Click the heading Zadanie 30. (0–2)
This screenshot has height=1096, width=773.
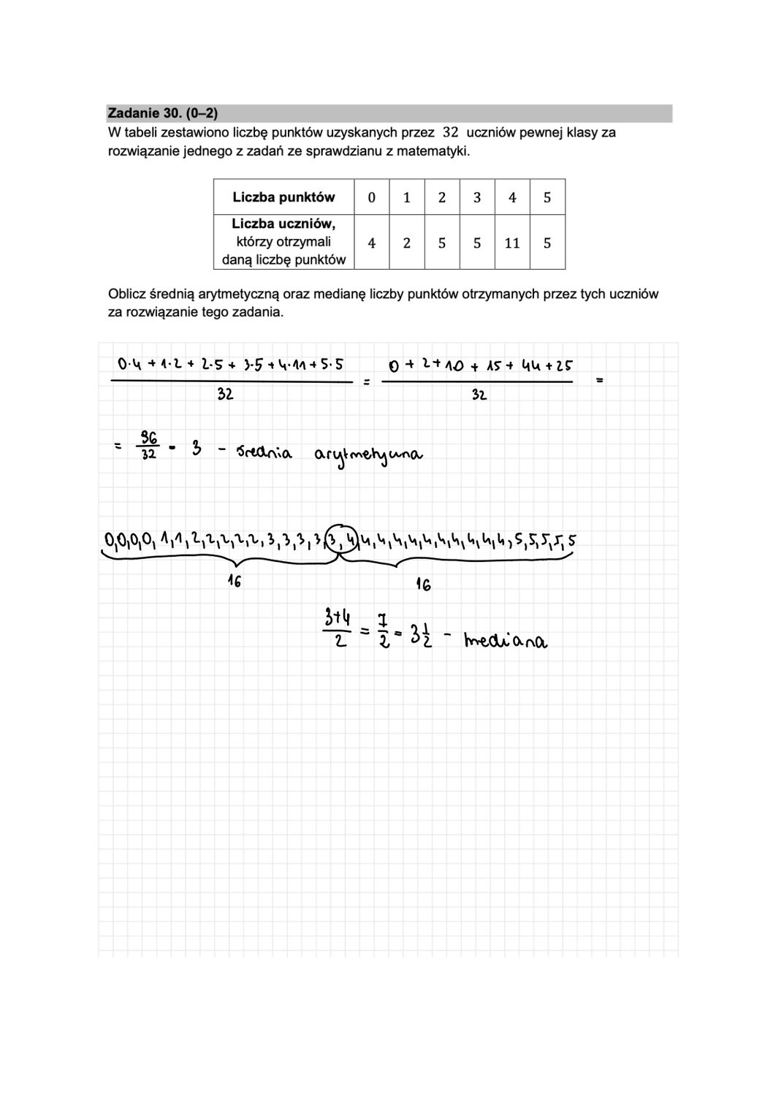pyautogui.click(x=163, y=113)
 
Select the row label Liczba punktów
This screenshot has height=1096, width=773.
pyautogui.click(x=283, y=197)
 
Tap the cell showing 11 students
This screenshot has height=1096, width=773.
pyautogui.click(x=512, y=243)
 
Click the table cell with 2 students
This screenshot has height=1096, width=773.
pyautogui.click(x=407, y=243)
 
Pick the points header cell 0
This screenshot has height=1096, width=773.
pyautogui.click(x=372, y=197)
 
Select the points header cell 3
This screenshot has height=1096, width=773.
pyautogui.click(x=477, y=197)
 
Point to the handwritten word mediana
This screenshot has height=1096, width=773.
pyautogui.click(x=506, y=642)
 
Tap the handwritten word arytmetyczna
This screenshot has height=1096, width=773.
pyautogui.click(x=368, y=455)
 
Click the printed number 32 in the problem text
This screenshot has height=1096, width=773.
pyautogui.click(x=451, y=132)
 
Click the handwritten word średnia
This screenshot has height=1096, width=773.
pyautogui.click(x=263, y=453)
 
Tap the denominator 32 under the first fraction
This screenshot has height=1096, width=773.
pyautogui.click(x=225, y=395)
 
